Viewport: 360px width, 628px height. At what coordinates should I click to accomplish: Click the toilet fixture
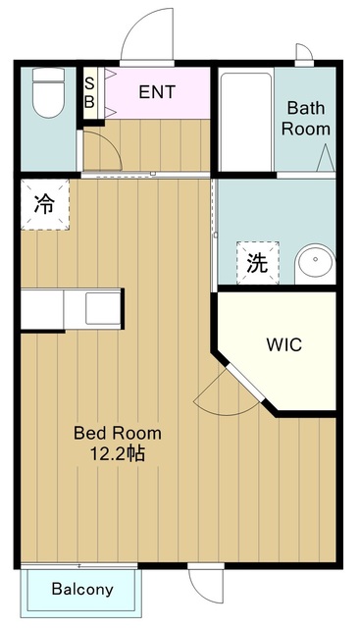pos(48,93)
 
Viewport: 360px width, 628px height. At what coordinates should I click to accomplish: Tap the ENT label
pos(157,92)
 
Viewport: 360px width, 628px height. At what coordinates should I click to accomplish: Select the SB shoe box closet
pos(89,93)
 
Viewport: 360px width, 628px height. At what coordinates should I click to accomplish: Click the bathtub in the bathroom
pos(246,122)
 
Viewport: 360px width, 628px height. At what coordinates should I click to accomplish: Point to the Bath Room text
pos(305,119)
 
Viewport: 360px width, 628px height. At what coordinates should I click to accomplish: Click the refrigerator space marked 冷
pos(45,205)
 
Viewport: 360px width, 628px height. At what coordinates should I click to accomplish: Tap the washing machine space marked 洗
pos(257,263)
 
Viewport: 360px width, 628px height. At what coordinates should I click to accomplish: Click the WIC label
pos(283,344)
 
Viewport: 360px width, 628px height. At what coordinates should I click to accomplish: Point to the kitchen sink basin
pos(103,308)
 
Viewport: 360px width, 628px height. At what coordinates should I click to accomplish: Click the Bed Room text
pos(118,434)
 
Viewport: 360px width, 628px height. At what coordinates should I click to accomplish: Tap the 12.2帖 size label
pos(117,453)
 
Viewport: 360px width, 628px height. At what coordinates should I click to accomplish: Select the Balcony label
pos(82,589)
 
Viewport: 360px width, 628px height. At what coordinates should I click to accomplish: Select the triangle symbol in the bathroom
pos(326,157)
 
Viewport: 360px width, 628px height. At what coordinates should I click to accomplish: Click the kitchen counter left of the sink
pos(42,309)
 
